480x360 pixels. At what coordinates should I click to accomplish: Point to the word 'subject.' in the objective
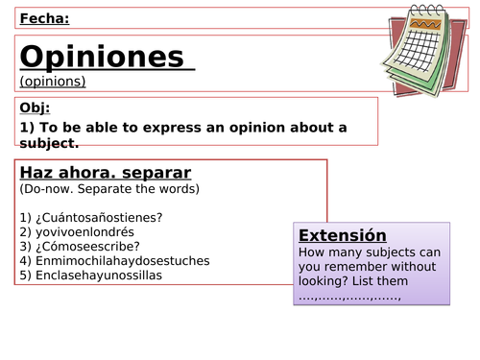(x=48, y=143)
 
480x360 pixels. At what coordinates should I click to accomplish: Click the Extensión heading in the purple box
(x=343, y=236)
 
